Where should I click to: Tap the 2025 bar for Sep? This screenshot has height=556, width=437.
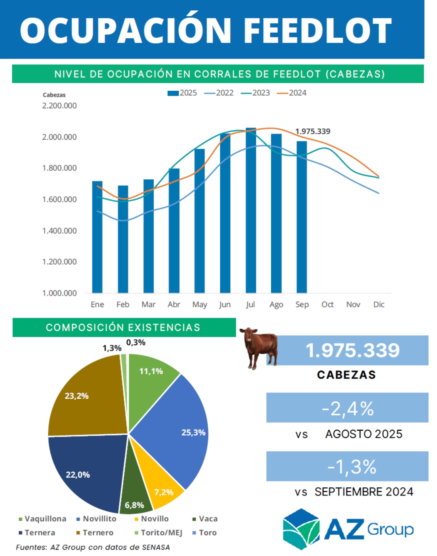click(x=302, y=217)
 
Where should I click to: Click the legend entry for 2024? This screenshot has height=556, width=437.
click(x=292, y=93)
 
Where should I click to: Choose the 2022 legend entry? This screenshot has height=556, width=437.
click(x=219, y=93)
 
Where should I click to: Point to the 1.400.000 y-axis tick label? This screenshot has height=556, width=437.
click(x=59, y=231)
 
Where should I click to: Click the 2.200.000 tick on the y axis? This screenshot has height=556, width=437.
click(x=59, y=106)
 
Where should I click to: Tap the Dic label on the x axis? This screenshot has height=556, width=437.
click(x=379, y=304)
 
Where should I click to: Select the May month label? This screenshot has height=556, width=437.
click(x=199, y=304)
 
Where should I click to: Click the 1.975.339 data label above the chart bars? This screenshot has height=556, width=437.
click(x=313, y=131)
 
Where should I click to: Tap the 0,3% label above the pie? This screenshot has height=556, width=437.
click(x=136, y=342)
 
